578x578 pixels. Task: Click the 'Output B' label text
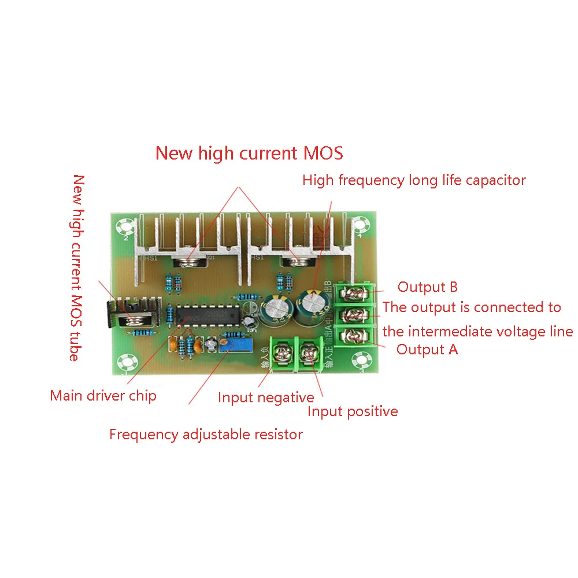point(427,287)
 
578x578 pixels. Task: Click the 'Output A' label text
point(427,349)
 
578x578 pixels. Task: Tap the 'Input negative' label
point(266,398)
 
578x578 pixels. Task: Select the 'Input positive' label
point(353,412)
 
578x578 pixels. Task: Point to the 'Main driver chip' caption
point(103,396)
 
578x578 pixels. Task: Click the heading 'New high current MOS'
point(249,153)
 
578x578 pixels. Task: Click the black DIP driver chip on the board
point(208,316)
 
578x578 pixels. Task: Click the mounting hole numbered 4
point(361,225)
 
